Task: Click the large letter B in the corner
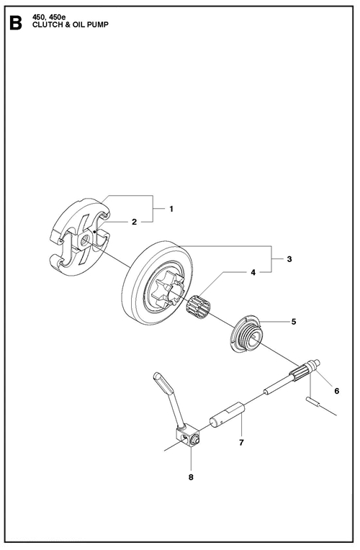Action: [16, 24]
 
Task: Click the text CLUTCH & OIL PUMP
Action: [70, 24]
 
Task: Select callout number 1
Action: [171, 209]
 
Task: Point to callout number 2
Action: [134, 222]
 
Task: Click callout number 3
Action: [289, 259]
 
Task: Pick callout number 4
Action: [253, 272]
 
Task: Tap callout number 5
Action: [294, 321]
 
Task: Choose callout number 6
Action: [336, 391]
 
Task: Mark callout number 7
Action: [241, 443]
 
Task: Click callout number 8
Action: [191, 477]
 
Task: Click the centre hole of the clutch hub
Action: [84, 240]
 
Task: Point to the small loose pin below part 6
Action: [312, 402]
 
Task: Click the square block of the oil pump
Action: [186, 437]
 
